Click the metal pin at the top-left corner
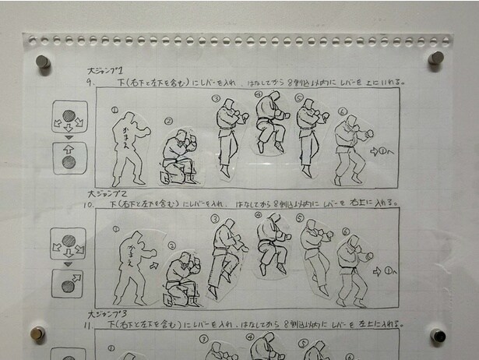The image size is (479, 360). [x=44, y=61]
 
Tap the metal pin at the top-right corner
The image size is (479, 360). [x=437, y=58]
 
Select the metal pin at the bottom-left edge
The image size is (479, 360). [x=37, y=334]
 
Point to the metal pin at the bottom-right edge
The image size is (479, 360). [x=438, y=337]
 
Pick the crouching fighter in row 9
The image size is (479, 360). [x=177, y=156]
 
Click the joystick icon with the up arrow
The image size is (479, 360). [x=69, y=160]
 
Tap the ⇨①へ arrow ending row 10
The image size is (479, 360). [x=386, y=272]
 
